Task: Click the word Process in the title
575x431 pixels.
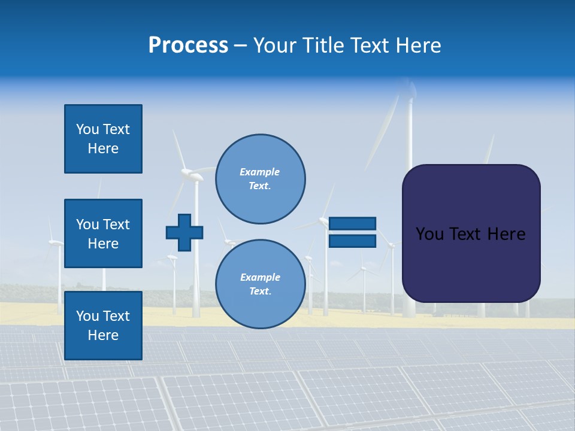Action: click(x=188, y=45)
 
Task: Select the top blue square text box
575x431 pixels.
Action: click(x=103, y=139)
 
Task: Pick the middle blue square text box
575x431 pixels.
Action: click(x=103, y=233)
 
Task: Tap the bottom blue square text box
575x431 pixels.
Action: click(x=103, y=325)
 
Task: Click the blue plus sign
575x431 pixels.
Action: click(x=184, y=232)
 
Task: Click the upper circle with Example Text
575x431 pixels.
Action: click(x=260, y=179)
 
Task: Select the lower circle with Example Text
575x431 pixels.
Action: click(x=260, y=284)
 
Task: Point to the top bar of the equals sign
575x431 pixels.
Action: click(x=352, y=223)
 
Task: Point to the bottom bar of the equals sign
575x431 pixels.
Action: click(x=352, y=241)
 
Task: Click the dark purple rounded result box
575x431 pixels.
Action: click(x=471, y=233)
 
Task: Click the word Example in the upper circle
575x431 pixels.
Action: click(x=259, y=172)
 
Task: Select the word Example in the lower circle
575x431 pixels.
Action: click(x=259, y=277)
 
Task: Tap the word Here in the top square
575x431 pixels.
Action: click(x=103, y=148)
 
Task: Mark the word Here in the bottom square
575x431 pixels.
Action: click(x=103, y=335)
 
